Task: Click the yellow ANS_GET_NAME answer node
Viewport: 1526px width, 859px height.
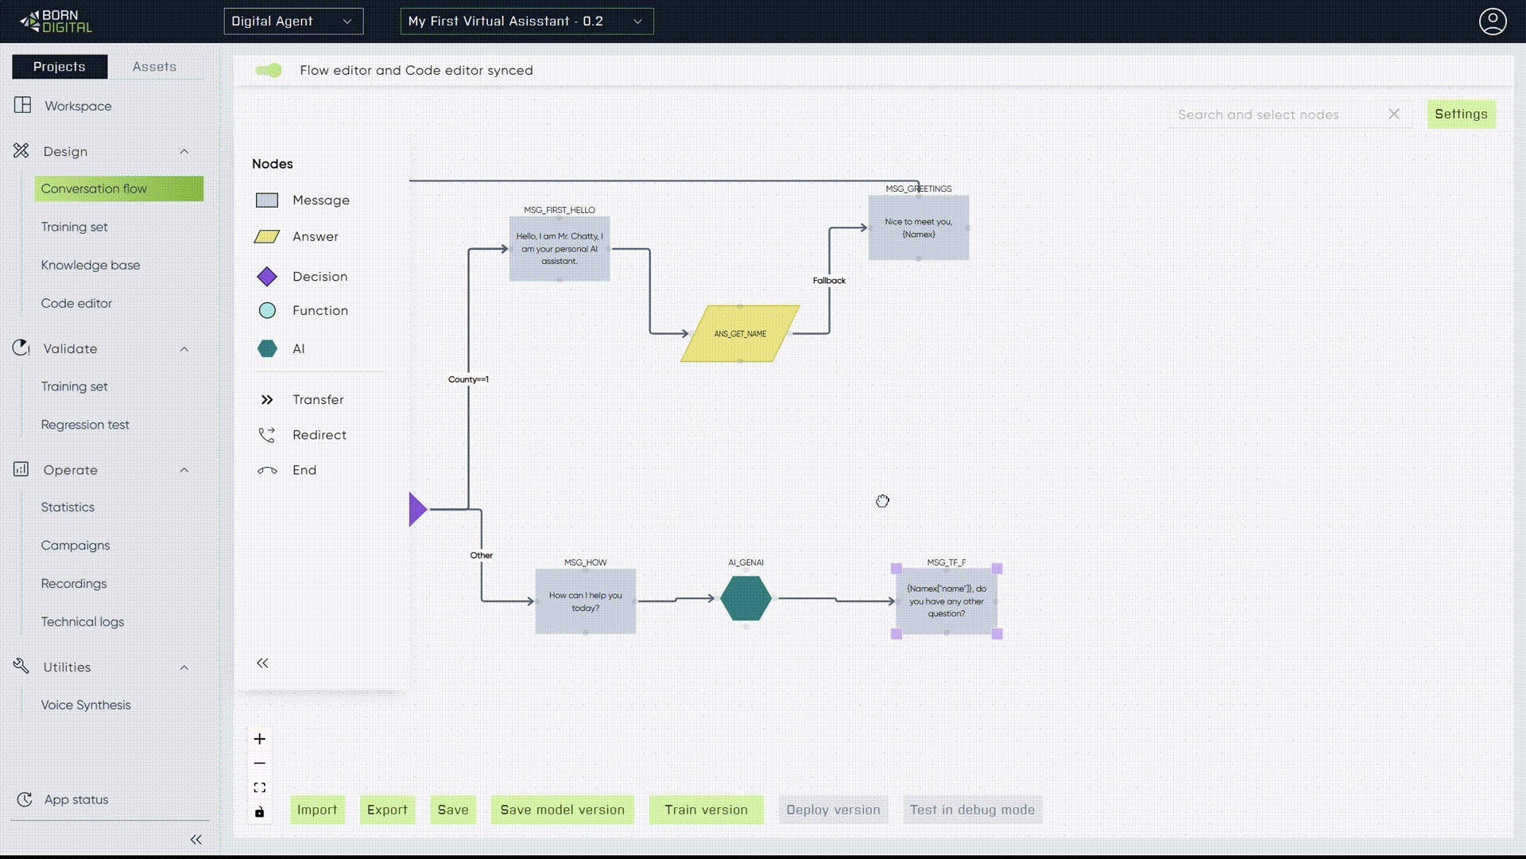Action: pyautogui.click(x=740, y=334)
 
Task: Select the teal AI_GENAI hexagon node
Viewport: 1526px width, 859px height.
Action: pyautogui.click(x=746, y=599)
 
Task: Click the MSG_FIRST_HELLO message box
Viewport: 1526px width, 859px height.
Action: pyautogui.click(x=560, y=248)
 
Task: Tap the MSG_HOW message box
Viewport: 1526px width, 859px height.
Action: pyautogui.click(x=585, y=601)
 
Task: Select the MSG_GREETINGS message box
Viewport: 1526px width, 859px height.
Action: pyautogui.click(x=918, y=228)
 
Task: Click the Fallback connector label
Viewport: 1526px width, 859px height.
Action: pyautogui.click(x=829, y=281)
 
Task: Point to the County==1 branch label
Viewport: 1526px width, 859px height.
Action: pyautogui.click(x=468, y=379)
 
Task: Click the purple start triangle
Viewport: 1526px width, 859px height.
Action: pyautogui.click(x=417, y=509)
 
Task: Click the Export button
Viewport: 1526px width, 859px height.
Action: pyautogui.click(x=387, y=810)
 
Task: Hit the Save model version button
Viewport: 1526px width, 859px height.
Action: pyautogui.click(x=562, y=810)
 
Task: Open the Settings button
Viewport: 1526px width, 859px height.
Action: pyautogui.click(x=1461, y=114)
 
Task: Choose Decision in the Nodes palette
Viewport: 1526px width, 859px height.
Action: pyautogui.click(x=320, y=277)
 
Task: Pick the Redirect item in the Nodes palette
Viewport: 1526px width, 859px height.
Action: pyautogui.click(x=319, y=435)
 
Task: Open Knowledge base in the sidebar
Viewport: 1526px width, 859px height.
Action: pyautogui.click(x=91, y=265)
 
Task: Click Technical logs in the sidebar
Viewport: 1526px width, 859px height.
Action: pyautogui.click(x=83, y=622)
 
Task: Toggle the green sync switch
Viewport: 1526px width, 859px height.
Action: pyautogui.click(x=269, y=71)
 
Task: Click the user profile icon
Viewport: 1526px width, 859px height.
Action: pyautogui.click(x=1492, y=21)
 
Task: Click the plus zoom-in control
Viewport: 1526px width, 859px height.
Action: pyautogui.click(x=260, y=739)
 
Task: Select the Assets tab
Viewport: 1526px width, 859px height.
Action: pyautogui.click(x=154, y=67)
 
